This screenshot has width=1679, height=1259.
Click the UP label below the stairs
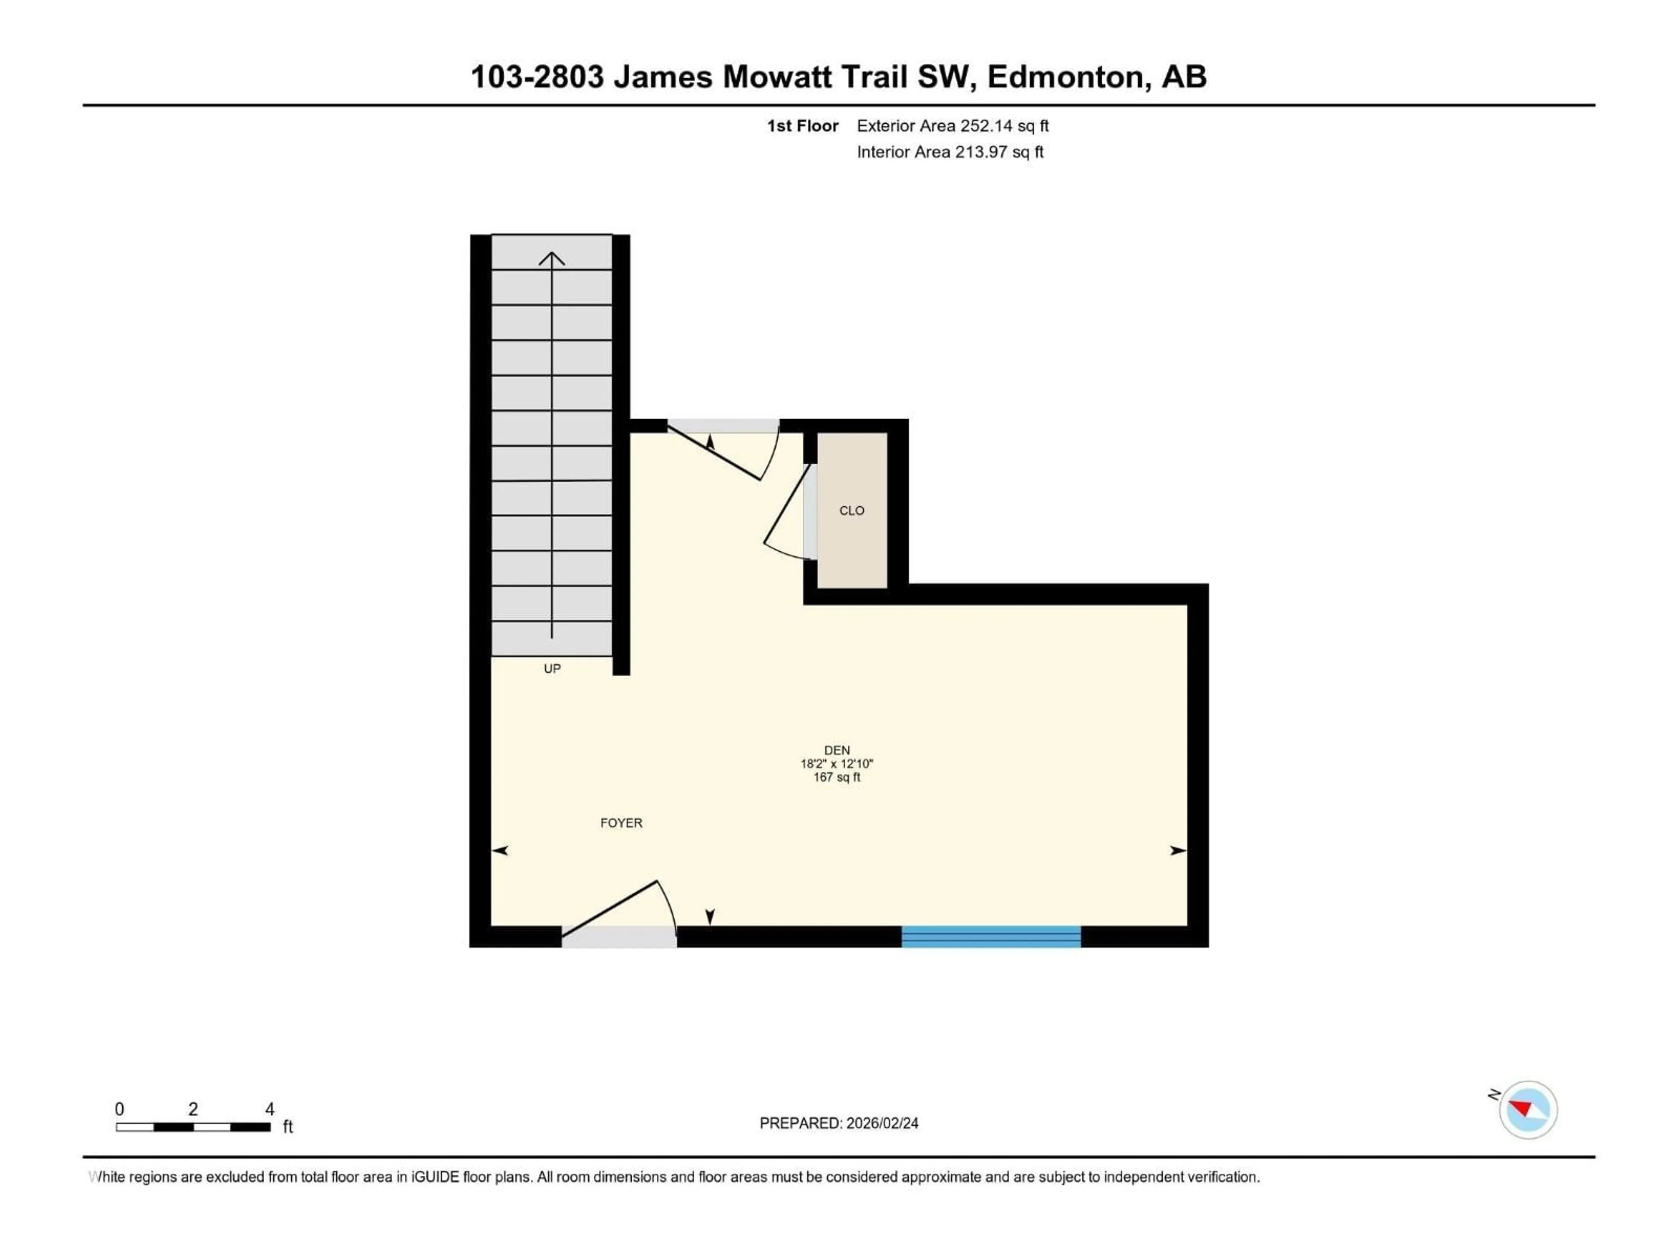(552, 668)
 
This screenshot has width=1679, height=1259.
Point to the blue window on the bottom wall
(990, 936)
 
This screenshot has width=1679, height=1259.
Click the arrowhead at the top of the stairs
(552, 259)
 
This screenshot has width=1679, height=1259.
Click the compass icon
(1527, 1109)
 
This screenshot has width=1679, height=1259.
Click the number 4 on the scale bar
(269, 1109)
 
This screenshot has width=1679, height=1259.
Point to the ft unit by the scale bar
(288, 1127)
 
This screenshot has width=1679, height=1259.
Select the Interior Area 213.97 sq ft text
(950, 152)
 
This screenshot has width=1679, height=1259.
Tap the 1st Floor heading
(802, 126)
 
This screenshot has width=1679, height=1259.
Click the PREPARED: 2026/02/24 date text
(839, 1123)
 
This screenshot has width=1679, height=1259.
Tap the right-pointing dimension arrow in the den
(1177, 851)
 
